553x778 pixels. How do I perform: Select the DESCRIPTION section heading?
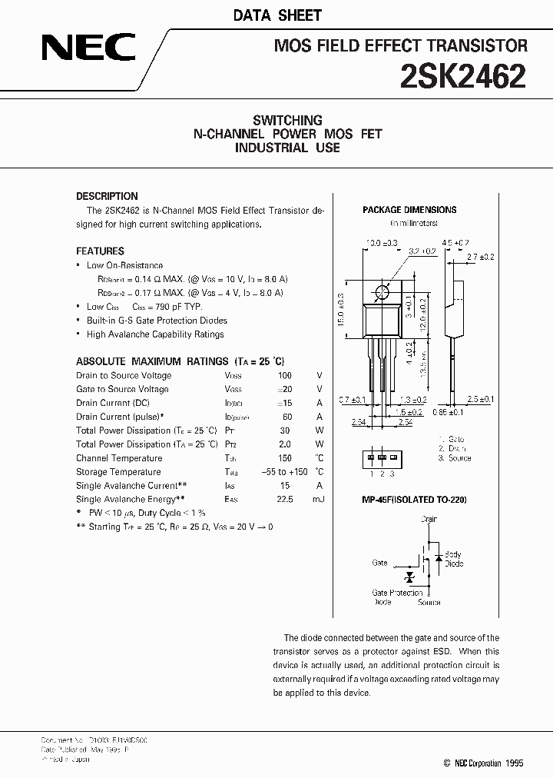tap(107, 196)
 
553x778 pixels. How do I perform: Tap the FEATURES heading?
tap(100, 251)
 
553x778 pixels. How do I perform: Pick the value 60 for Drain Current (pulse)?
tap(286, 417)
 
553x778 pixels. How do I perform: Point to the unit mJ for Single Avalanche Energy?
tap(319, 500)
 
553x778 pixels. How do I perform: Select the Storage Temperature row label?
tap(118, 472)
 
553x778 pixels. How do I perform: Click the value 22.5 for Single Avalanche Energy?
tap(285, 500)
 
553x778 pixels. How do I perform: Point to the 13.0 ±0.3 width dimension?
tap(382, 243)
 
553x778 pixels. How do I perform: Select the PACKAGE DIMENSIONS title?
tap(409, 209)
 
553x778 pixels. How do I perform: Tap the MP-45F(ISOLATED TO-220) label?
tap(414, 500)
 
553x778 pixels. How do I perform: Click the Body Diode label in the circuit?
tap(453, 559)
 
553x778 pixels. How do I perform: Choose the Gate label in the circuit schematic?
tap(379, 563)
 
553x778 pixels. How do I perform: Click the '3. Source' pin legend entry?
tap(455, 457)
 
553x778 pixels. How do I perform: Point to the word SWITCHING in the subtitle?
tap(287, 120)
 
